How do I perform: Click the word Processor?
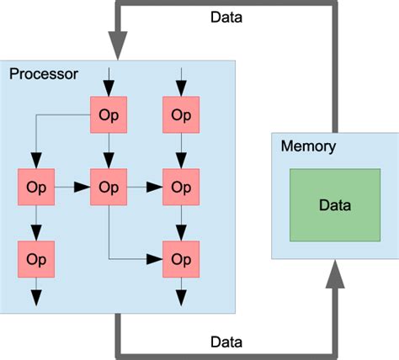point(44,75)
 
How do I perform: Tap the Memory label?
point(308,146)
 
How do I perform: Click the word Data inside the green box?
point(335,205)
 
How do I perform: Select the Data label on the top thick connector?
point(226,18)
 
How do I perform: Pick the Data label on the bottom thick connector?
point(226,342)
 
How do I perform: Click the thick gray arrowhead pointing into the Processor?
point(118,45)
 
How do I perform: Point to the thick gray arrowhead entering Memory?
point(335,274)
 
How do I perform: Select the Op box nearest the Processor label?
point(109,114)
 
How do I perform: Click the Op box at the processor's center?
point(109,187)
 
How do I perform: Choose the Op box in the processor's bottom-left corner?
point(36,259)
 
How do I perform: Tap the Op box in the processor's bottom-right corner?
point(181,259)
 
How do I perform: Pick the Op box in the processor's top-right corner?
point(181,114)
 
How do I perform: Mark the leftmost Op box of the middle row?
point(36,187)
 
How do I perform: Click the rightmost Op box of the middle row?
point(181,187)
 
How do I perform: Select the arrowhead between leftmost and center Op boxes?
point(82,187)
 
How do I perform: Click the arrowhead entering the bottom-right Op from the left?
point(154,259)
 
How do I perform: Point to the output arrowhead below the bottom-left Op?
point(36,298)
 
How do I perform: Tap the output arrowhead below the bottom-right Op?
point(181,298)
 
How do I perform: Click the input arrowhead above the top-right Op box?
point(181,88)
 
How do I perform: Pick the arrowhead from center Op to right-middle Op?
point(154,187)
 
